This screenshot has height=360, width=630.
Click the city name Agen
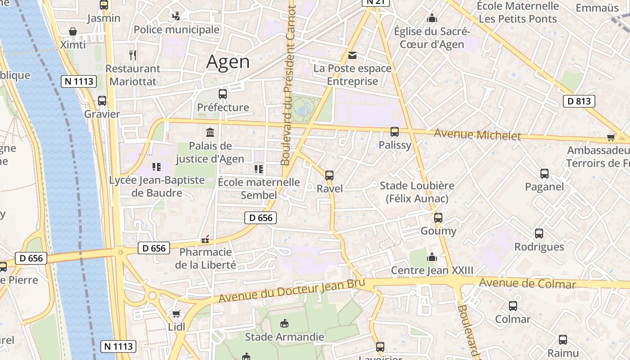click(x=228, y=62)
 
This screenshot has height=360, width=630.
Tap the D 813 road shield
click(x=579, y=101)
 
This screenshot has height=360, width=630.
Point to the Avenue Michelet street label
click(x=477, y=135)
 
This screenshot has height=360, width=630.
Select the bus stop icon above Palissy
click(x=395, y=132)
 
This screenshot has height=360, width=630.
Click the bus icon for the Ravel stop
click(x=329, y=175)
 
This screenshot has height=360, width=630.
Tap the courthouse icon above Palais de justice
click(x=210, y=132)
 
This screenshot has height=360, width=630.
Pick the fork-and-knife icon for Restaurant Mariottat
click(x=133, y=55)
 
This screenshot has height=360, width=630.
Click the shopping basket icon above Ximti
click(x=73, y=31)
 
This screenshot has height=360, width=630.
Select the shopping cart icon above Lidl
click(x=176, y=314)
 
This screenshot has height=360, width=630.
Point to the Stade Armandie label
click(x=284, y=337)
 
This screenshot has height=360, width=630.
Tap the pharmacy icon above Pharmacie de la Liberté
click(x=206, y=239)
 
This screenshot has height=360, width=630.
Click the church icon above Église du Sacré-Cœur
click(x=432, y=18)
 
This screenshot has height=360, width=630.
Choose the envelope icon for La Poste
click(x=352, y=55)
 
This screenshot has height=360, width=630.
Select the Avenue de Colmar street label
click(x=527, y=283)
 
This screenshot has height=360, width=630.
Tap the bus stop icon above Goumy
click(x=438, y=218)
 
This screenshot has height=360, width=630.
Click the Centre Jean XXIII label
click(x=432, y=270)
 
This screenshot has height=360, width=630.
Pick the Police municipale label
click(x=177, y=30)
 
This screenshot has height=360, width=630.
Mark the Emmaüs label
click(x=597, y=8)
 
